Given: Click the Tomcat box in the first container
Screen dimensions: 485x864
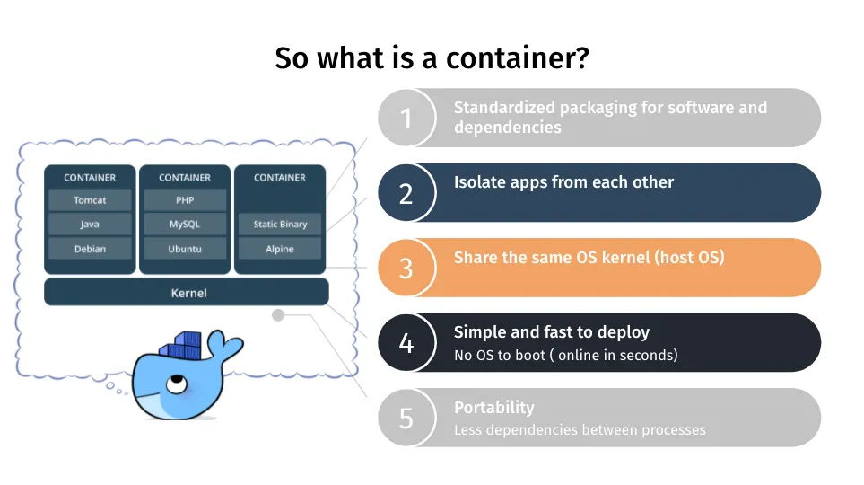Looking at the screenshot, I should [x=90, y=200].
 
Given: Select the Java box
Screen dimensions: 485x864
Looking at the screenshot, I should [x=90, y=225].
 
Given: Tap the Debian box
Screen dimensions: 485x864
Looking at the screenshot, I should [x=90, y=249].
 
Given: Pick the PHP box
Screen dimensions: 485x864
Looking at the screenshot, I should [x=185, y=200].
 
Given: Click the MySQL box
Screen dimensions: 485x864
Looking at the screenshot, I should [x=185, y=225].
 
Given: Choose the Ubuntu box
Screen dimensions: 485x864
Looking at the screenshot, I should [x=185, y=249].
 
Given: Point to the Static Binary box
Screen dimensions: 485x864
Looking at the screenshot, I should [x=280, y=225].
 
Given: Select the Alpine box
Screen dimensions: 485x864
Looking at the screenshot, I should [x=280, y=249].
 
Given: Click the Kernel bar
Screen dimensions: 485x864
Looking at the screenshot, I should [x=187, y=293].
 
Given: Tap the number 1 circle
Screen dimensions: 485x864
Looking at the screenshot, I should [x=406, y=118].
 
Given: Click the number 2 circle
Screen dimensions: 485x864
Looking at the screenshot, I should [x=406, y=193].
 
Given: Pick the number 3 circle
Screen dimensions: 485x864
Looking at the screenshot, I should [x=406, y=268].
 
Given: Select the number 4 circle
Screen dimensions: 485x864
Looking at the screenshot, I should [x=406, y=342].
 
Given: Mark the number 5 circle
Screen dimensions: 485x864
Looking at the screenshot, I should [x=406, y=418].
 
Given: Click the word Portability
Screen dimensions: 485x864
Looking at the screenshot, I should [x=493, y=408].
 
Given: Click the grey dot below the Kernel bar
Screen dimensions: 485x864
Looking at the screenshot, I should [x=278, y=315].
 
